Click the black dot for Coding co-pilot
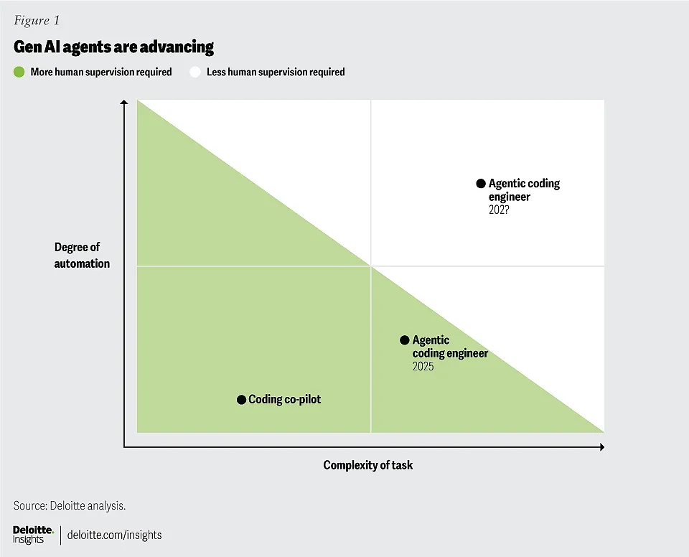click(241, 400)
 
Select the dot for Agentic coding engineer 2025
click(405, 340)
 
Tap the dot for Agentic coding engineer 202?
click(481, 183)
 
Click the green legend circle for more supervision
click(19, 72)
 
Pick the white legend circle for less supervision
click(195, 72)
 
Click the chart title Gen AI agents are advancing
click(114, 47)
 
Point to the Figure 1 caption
click(37, 20)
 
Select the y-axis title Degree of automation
click(82, 255)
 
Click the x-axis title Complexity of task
click(367, 465)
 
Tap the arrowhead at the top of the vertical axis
click(124, 103)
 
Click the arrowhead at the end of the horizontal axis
click(602, 447)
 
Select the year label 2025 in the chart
click(423, 366)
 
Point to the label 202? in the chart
click(499, 210)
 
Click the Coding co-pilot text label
click(285, 399)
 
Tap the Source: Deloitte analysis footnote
click(70, 505)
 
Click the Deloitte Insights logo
click(34, 535)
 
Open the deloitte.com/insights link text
click(114, 535)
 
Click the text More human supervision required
click(101, 72)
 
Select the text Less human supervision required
click(276, 72)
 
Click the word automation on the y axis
click(82, 263)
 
